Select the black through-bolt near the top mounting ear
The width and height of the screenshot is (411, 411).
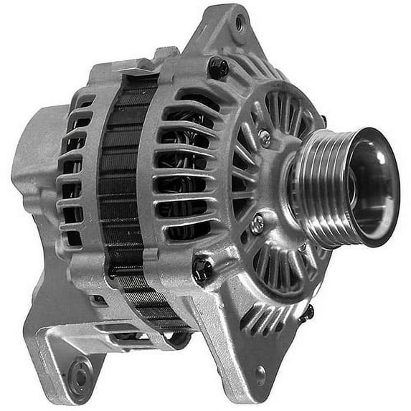coord(218,67)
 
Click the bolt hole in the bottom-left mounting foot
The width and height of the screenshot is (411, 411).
coord(80,372)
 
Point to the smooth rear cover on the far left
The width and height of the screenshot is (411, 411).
coord(32,165)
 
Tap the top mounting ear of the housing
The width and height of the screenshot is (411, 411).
coord(230,32)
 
